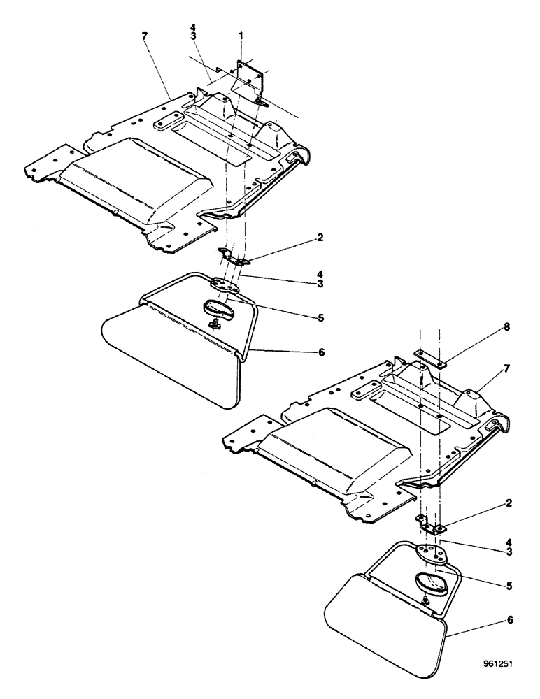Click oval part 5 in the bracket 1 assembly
coord(218,308)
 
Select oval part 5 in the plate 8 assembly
coord(429,583)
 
